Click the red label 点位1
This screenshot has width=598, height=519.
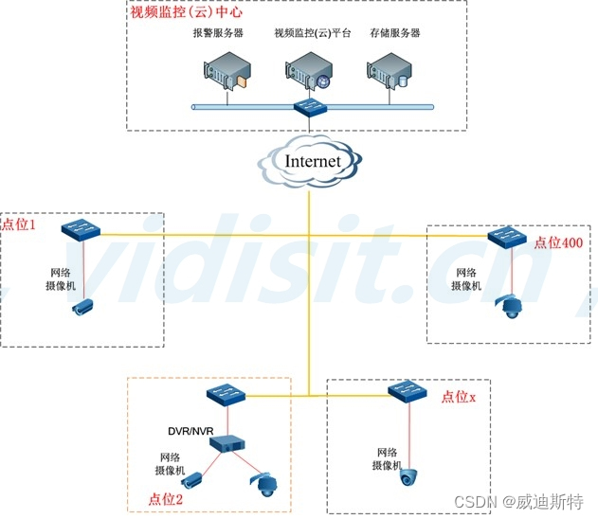pyautogui.click(x=18, y=224)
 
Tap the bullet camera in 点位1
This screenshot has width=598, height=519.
pyautogui.click(x=84, y=306)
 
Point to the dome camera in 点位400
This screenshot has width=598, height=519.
pyautogui.click(x=512, y=305)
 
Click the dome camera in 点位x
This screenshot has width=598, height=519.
pyautogui.click(x=408, y=476)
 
